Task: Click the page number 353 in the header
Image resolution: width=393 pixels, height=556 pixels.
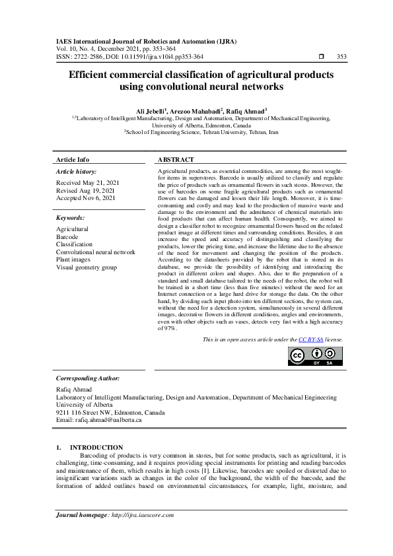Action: tap(341, 57)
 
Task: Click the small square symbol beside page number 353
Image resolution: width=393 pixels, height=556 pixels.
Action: tap(321, 57)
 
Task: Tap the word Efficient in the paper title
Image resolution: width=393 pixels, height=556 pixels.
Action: tap(93, 75)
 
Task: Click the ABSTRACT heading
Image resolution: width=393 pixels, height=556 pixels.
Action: tap(176, 160)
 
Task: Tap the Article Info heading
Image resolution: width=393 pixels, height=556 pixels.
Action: tap(73, 160)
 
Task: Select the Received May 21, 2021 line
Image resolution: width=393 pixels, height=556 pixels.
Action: tap(88, 182)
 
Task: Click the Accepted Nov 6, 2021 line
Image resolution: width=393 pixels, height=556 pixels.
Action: tap(86, 197)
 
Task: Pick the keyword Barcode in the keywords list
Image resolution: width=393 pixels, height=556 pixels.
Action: tap(67, 236)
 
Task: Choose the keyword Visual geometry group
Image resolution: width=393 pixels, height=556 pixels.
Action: tap(87, 267)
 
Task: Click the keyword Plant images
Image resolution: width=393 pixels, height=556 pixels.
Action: tap(74, 260)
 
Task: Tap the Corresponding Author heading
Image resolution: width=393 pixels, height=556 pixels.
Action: tap(88, 378)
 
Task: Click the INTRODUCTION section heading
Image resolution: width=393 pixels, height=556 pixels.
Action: tap(96, 448)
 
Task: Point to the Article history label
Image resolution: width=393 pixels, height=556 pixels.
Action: tap(77, 171)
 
